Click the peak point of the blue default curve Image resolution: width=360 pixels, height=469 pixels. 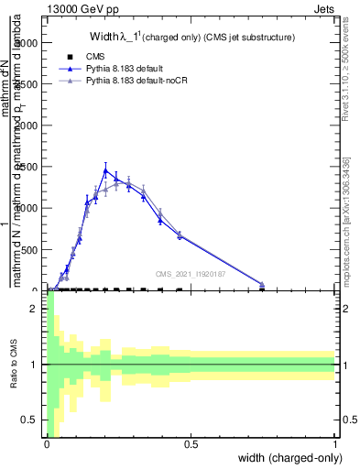105,170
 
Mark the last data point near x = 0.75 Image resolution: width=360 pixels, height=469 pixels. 262,285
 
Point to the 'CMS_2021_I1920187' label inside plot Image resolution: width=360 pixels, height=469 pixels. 190,273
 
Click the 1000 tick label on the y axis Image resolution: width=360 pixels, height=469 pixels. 29,208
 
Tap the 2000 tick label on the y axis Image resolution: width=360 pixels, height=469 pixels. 29,125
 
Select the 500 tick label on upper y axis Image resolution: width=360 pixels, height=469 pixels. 32,249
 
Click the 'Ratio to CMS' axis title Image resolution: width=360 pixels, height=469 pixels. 14,365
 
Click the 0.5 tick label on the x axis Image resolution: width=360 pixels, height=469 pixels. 191,444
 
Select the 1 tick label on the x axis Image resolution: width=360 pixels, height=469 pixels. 335,444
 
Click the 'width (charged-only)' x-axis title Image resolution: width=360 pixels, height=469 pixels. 284,458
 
